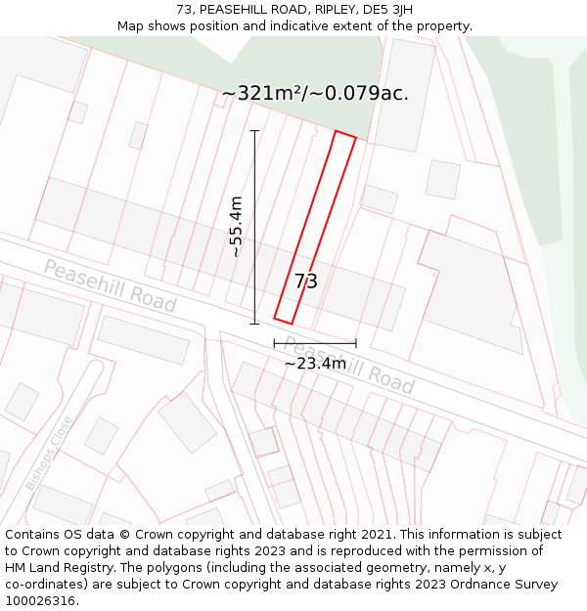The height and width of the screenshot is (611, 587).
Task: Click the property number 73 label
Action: click(306, 282)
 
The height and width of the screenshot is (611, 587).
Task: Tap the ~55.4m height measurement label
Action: click(236, 227)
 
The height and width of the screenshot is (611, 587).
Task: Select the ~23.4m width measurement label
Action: click(315, 364)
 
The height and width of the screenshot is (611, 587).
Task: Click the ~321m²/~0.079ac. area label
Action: click(315, 94)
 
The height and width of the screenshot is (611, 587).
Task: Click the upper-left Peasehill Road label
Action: click(110, 286)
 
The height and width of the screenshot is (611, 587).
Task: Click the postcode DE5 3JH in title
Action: click(387, 10)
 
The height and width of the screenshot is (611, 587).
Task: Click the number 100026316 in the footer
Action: click(41, 601)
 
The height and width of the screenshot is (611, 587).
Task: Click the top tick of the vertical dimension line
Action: click(255, 130)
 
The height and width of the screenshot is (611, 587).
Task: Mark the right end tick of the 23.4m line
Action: click(356, 343)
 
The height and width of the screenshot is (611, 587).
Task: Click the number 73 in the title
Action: click(184, 10)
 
